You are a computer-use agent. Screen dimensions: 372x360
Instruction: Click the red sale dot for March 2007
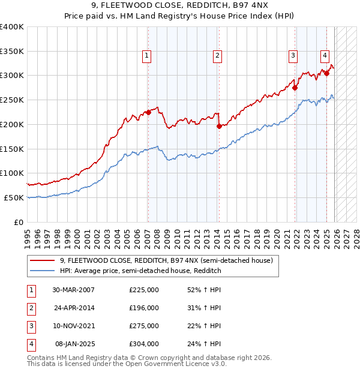(x=148, y=112)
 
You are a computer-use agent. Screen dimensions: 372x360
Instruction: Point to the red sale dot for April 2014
(x=219, y=126)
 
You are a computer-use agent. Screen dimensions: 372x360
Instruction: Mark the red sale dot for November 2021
(x=295, y=88)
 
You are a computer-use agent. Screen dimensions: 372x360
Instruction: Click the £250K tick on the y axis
(x=12, y=100)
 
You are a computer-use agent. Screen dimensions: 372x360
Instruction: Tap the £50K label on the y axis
(x=14, y=197)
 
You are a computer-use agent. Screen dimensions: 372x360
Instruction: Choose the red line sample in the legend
(x=42, y=261)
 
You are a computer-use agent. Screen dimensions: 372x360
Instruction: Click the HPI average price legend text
(x=140, y=271)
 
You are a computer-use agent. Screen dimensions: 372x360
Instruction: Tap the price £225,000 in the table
(x=144, y=290)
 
